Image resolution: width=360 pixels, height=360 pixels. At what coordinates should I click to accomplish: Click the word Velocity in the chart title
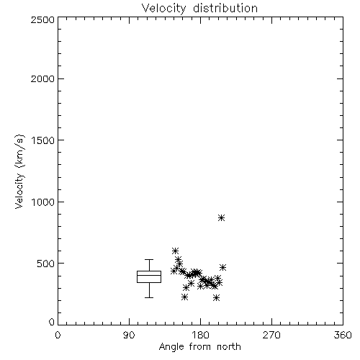pyautogui.click(x=163, y=9)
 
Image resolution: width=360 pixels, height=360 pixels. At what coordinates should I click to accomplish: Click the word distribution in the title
pyautogui.click(x=225, y=8)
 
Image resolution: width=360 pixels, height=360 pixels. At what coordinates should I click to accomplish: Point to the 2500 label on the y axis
pyautogui.click(x=42, y=19)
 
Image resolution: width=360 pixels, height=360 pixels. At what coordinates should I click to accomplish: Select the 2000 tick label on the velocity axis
pyautogui.click(x=42, y=79)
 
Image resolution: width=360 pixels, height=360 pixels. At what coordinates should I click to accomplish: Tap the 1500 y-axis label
pyautogui.click(x=43, y=140)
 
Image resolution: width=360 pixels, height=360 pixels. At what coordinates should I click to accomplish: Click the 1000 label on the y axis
pyautogui.click(x=43, y=202)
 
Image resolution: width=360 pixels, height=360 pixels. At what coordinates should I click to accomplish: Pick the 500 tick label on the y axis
pyautogui.click(x=46, y=264)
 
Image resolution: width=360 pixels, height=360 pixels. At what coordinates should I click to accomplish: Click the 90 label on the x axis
pyautogui.click(x=129, y=335)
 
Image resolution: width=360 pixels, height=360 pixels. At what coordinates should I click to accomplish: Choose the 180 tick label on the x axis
pyautogui.click(x=200, y=335)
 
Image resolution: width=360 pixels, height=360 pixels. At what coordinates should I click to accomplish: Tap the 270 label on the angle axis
pyautogui.click(x=271, y=335)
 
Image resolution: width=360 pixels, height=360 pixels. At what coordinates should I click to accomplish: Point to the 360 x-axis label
pyautogui.click(x=343, y=335)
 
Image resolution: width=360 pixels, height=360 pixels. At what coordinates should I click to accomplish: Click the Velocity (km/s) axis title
pyautogui.click(x=19, y=171)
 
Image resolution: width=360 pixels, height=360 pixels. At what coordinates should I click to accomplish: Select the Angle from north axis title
pyautogui.click(x=200, y=347)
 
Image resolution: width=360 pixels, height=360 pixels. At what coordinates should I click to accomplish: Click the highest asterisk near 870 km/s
pyautogui.click(x=221, y=218)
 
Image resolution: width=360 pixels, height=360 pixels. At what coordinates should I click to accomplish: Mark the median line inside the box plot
pyautogui.click(x=149, y=275)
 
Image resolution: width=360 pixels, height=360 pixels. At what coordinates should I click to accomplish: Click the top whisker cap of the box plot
pyautogui.click(x=149, y=259)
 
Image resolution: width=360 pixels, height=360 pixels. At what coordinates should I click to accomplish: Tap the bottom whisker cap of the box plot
pyautogui.click(x=149, y=297)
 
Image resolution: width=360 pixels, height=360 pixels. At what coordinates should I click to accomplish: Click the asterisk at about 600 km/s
pyautogui.click(x=175, y=251)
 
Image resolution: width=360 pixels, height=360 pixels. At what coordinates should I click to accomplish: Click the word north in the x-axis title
pyautogui.click(x=229, y=347)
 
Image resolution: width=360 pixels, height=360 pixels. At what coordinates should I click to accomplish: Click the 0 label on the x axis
pyautogui.click(x=58, y=335)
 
